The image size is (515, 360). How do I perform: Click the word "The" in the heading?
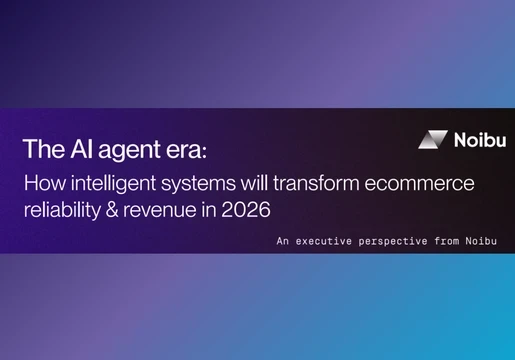(40, 150)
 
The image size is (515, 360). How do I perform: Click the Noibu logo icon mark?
(432, 140)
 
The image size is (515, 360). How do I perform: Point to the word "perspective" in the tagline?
(396, 242)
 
